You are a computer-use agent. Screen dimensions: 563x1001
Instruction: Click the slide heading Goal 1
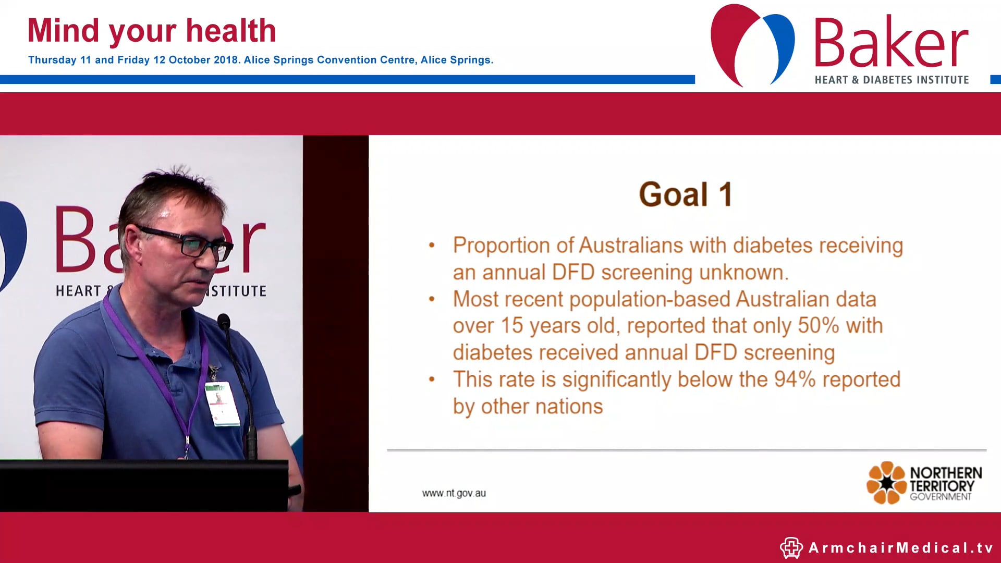(x=685, y=194)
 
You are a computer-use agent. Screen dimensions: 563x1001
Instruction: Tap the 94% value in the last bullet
(x=795, y=380)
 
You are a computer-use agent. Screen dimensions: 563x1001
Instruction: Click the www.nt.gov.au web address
(x=454, y=493)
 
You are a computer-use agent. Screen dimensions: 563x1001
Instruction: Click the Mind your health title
(x=151, y=31)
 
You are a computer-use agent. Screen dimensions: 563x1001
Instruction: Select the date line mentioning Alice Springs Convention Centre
(x=261, y=60)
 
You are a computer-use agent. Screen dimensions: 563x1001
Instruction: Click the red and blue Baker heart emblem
(x=752, y=44)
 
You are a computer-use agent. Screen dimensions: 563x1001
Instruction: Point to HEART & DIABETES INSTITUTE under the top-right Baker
(x=892, y=80)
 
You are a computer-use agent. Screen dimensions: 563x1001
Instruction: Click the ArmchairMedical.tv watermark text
(x=900, y=548)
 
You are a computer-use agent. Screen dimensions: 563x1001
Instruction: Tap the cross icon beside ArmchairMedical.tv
(x=791, y=548)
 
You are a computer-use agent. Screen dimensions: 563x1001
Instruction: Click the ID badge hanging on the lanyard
(x=222, y=403)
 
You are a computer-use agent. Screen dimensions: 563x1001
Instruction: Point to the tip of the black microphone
(x=224, y=320)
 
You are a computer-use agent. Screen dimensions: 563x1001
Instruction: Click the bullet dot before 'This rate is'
(x=432, y=380)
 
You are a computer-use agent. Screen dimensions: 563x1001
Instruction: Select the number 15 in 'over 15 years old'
(x=511, y=326)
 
